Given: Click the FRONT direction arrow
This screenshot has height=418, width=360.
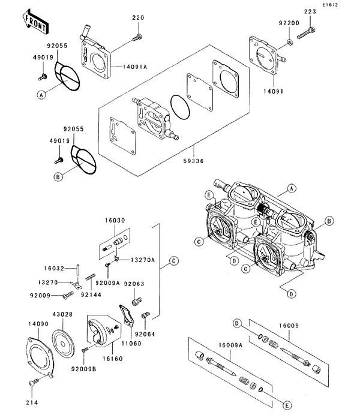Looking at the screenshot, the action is [35, 22].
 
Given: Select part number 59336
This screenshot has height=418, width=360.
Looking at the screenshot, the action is [194, 161].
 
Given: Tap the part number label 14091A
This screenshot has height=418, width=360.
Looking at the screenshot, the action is [135, 67].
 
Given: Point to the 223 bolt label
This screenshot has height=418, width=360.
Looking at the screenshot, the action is [310, 11].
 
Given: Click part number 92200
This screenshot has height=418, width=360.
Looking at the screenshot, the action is [289, 23].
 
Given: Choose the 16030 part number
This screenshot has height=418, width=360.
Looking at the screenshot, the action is [115, 220].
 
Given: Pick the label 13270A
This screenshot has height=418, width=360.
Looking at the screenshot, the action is [143, 260].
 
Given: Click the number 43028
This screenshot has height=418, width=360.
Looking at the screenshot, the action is [62, 314].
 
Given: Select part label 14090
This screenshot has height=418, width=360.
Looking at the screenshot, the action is [38, 324].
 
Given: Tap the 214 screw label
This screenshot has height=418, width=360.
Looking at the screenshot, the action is [32, 402].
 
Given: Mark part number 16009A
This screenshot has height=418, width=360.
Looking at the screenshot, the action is [230, 345].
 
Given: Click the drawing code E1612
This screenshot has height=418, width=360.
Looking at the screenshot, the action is [330, 5].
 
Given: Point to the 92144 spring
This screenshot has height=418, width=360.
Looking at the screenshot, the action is [91, 277].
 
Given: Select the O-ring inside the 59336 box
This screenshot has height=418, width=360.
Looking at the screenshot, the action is [180, 107].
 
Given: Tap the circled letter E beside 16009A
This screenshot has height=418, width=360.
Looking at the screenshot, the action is [287, 406].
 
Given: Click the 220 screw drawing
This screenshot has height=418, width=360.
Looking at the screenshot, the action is [137, 38].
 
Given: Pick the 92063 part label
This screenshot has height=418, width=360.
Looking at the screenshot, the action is [134, 284].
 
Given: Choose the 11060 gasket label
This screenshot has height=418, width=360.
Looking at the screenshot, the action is [131, 344].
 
